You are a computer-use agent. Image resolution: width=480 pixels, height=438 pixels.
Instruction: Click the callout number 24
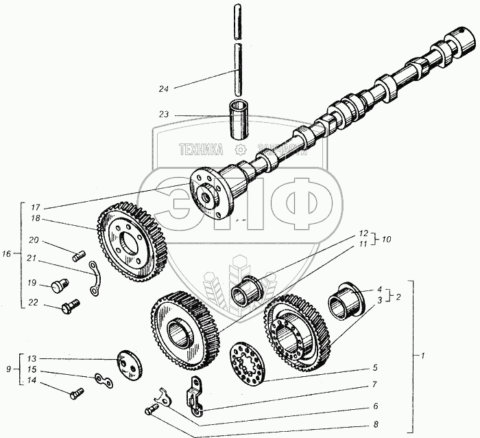tap(163, 89)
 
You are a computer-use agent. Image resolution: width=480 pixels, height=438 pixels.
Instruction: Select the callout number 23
tap(163, 115)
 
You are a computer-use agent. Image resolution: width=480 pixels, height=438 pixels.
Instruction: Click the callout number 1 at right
tap(424, 356)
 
